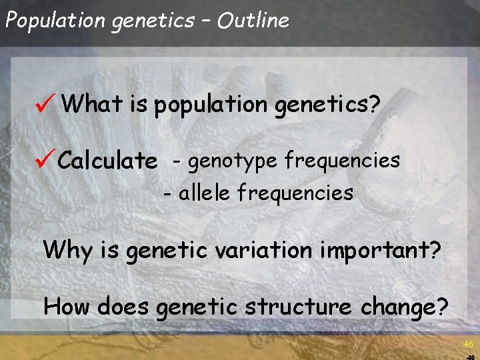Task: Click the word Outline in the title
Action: (x=253, y=21)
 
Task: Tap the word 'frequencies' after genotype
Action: (x=342, y=161)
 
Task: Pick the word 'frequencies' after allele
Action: (x=295, y=194)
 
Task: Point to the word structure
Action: (x=297, y=307)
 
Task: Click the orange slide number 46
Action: (x=468, y=344)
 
